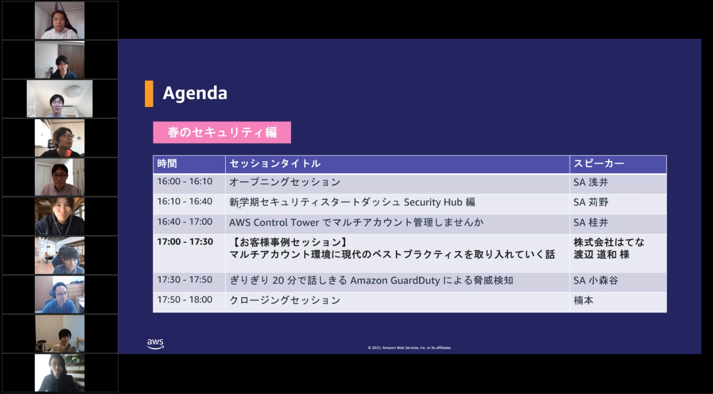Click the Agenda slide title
tap(195, 94)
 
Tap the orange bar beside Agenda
tap(149, 94)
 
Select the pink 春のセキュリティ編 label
tap(222, 133)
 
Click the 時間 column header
tap(167, 164)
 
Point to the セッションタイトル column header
tap(275, 164)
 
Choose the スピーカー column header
tap(599, 164)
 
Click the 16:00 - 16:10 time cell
tap(185, 181)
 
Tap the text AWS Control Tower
tap(274, 222)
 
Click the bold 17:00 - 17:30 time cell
tap(185, 242)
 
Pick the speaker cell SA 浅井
tap(591, 182)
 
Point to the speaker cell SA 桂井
tap(591, 223)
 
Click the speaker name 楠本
tap(583, 300)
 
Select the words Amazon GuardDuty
tap(395, 280)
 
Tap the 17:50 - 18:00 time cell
tap(185, 300)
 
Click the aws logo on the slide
tap(155, 344)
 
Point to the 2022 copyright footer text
tap(410, 348)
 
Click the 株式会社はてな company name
tap(609, 242)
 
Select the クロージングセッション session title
tap(285, 300)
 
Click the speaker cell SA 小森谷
tap(596, 280)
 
